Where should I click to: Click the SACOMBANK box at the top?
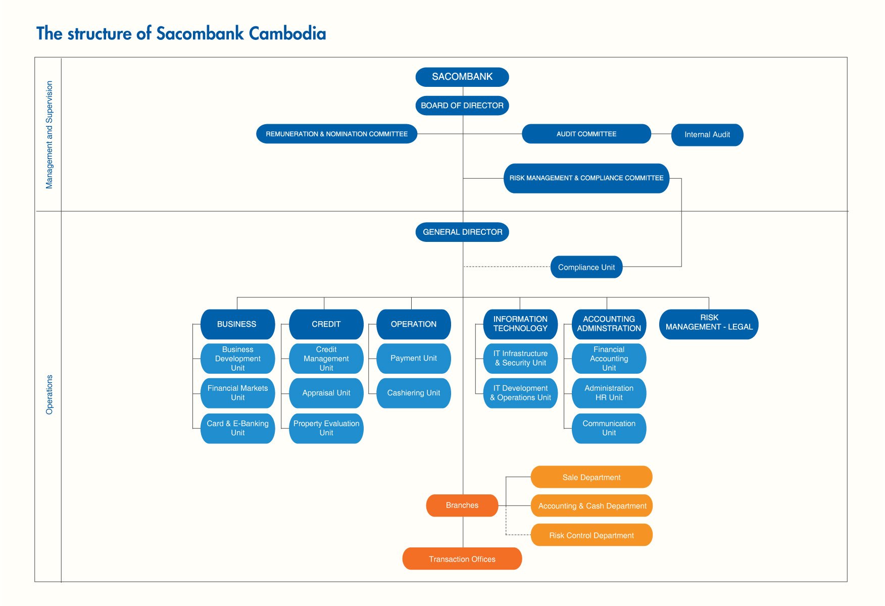click(x=462, y=77)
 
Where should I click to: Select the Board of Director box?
click(x=462, y=106)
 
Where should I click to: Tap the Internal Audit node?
click(x=707, y=135)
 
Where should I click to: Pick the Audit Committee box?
click(x=586, y=134)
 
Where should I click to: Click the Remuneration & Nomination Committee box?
click(x=337, y=134)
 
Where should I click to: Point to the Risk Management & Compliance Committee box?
click(x=586, y=178)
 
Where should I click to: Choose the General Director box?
click(x=462, y=232)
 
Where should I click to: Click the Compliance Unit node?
click(x=586, y=267)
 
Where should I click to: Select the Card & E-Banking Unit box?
click(x=238, y=428)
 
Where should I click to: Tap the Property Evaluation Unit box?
click(x=326, y=428)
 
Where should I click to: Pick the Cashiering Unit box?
click(x=414, y=393)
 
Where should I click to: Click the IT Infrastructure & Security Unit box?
click(x=520, y=359)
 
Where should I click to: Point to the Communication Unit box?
click(x=609, y=428)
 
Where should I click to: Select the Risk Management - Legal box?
click(x=709, y=324)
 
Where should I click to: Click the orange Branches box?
click(x=462, y=506)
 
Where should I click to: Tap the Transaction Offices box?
click(x=462, y=559)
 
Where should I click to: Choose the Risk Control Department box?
click(x=592, y=535)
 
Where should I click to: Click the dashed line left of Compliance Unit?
click(x=507, y=267)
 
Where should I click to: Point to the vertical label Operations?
click(x=49, y=395)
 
